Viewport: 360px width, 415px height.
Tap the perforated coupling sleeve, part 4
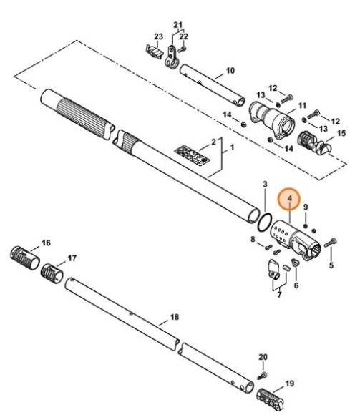[x=293, y=241]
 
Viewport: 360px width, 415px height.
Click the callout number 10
[x=230, y=70]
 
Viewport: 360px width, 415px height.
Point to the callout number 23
[x=159, y=37]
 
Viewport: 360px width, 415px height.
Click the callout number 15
[x=341, y=134]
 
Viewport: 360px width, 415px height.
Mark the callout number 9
[x=306, y=208]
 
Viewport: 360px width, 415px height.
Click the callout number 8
[x=253, y=238]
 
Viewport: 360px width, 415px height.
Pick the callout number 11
[x=301, y=105]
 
